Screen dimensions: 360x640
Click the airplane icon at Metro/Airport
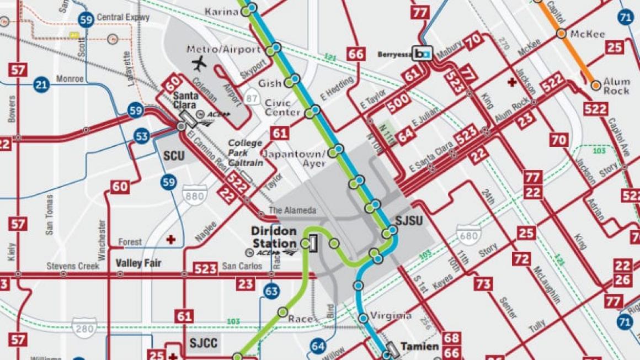[x=199, y=63]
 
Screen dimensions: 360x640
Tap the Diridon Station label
[x=274, y=237]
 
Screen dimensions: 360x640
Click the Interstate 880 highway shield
[x=195, y=195]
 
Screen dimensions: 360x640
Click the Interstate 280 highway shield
[x=84, y=327]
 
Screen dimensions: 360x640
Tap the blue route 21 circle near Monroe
[x=41, y=84]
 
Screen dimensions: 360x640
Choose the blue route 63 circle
[x=271, y=291]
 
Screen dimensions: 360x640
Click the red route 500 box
[x=398, y=100]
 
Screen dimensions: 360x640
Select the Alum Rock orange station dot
[x=596, y=86]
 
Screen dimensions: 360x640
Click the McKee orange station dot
[x=561, y=34]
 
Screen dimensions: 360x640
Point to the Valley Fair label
[x=138, y=263]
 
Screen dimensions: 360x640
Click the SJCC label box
[x=204, y=343]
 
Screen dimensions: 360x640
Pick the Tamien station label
[x=420, y=347]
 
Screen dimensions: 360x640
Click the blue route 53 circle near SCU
[x=142, y=135]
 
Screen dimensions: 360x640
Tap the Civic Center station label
[x=282, y=107]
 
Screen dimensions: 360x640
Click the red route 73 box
[x=483, y=284]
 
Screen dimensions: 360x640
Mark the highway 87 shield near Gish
[x=252, y=98]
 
